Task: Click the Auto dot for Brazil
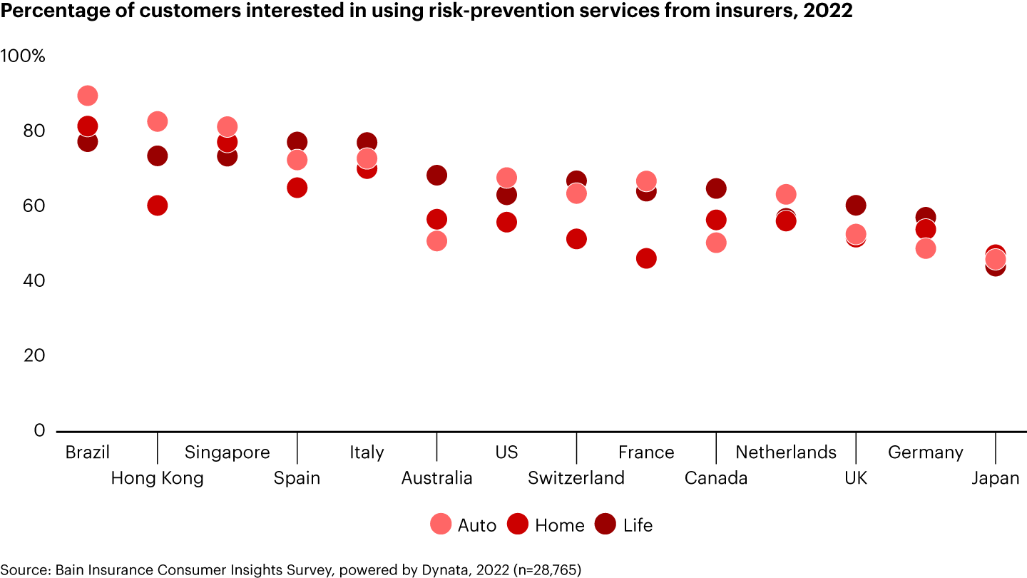tap(87, 96)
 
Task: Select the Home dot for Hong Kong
tap(157, 206)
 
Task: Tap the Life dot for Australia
tap(436, 175)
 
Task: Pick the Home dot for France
tap(646, 258)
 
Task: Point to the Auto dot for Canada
tap(716, 243)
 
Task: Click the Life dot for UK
tap(856, 206)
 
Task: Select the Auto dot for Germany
tap(926, 248)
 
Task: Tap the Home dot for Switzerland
tap(576, 239)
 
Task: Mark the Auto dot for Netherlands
tap(786, 194)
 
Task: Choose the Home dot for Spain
tap(297, 188)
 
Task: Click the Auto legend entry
tap(464, 525)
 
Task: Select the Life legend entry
tap(625, 525)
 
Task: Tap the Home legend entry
tap(546, 525)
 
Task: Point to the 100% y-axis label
tap(24, 56)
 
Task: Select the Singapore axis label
tap(227, 452)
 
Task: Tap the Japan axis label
tap(996, 478)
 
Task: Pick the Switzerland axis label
tap(576, 478)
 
